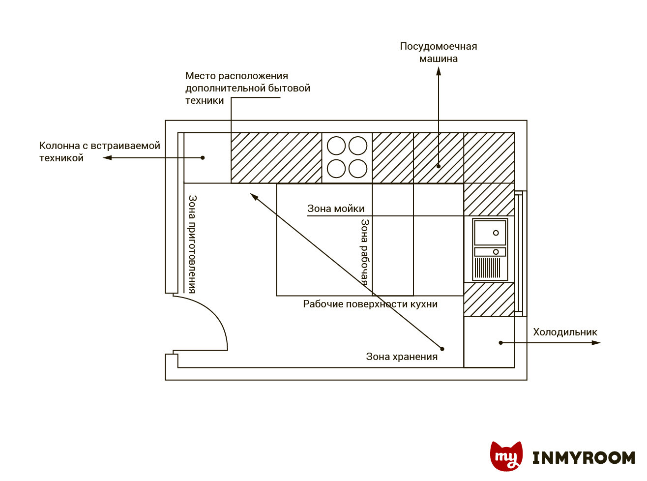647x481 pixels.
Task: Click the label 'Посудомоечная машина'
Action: (x=438, y=52)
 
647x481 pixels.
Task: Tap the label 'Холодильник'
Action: (x=565, y=332)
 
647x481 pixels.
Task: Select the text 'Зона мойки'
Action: (x=336, y=209)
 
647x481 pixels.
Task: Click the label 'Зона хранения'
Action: (x=402, y=357)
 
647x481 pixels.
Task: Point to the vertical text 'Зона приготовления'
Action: (x=192, y=244)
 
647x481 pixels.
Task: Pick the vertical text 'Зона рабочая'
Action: (x=364, y=252)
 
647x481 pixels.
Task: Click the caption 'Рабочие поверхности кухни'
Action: (x=370, y=304)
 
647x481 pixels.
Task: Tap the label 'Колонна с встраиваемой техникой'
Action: (x=99, y=151)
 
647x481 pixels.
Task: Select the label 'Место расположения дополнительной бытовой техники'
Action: (x=247, y=88)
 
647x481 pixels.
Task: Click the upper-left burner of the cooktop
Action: (x=336, y=146)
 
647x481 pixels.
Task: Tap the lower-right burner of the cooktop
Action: (x=358, y=168)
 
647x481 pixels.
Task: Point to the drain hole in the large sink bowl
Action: (x=496, y=233)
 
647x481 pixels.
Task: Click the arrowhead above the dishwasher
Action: (x=439, y=71)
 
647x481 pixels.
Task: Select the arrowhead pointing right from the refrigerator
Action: (x=596, y=342)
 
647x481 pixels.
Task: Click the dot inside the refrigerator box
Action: (x=501, y=342)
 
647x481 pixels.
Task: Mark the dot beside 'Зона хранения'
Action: (x=442, y=349)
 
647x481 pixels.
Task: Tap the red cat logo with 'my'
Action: (x=506, y=455)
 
